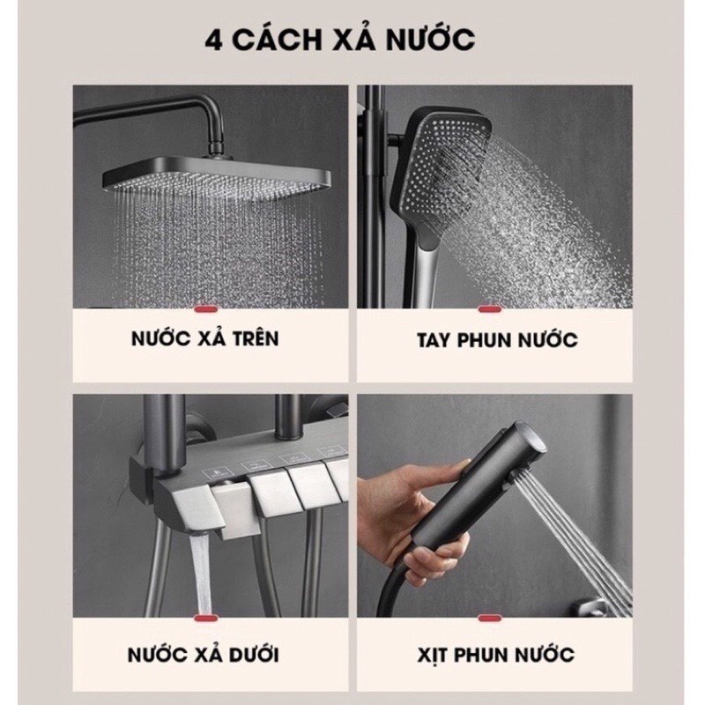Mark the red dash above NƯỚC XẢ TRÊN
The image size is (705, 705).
coord(204,309)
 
